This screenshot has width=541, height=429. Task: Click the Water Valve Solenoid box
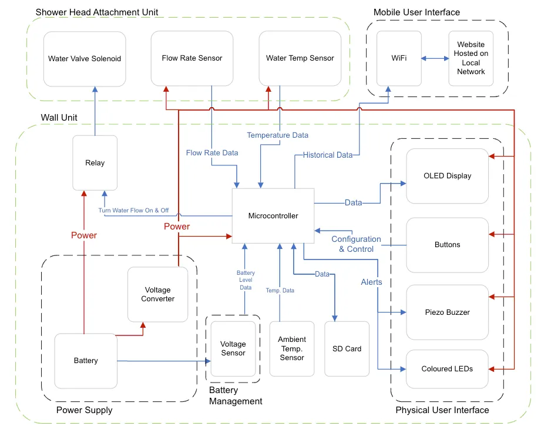[x=85, y=58]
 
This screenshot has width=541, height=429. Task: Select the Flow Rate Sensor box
[x=192, y=58]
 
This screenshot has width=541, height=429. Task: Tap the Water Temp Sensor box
[x=300, y=58]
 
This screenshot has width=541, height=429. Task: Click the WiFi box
[x=399, y=58]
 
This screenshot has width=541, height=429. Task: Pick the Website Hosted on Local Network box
[x=471, y=58]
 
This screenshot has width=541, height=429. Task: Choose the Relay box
[x=95, y=162]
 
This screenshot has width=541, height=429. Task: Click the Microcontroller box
[x=273, y=215]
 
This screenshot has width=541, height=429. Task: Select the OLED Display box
[x=447, y=175]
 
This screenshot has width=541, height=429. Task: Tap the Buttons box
[x=447, y=244]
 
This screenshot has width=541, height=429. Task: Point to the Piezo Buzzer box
[x=447, y=312]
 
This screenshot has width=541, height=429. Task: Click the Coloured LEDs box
[x=447, y=368]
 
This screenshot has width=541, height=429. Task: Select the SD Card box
[x=347, y=348]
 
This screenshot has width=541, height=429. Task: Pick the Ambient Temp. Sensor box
[x=292, y=348]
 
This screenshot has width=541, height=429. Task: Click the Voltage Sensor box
[x=233, y=348]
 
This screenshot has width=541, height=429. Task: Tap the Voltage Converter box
[x=157, y=294]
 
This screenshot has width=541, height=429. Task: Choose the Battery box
[x=86, y=360]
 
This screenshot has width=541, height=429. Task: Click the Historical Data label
[x=327, y=155]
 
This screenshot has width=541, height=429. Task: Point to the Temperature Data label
[x=277, y=135]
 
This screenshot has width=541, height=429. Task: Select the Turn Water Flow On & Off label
[x=133, y=210]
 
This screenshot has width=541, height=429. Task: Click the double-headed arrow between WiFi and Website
[x=435, y=58]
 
